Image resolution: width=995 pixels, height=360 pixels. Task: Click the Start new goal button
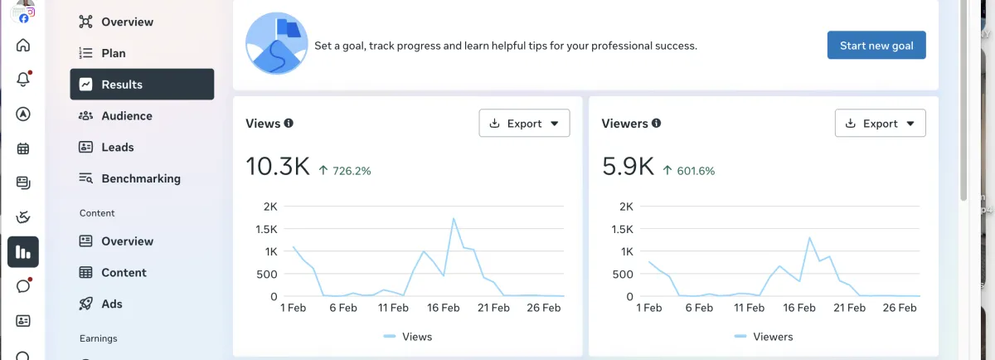876,46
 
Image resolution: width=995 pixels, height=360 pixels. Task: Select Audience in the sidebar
126,116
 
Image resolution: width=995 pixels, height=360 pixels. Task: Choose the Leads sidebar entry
117,147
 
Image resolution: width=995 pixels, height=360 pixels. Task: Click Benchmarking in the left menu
140,178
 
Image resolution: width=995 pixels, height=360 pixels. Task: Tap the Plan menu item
113,53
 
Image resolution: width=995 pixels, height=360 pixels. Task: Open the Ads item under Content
111,304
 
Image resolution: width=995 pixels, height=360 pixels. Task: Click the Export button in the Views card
524,124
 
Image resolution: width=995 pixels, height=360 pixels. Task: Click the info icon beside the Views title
289,123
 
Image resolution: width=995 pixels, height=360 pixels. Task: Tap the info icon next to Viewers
656,123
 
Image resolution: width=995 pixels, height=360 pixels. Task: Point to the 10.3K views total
277,167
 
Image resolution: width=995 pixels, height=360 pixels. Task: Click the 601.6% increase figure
695,171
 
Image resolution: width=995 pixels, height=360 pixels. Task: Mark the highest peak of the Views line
454,219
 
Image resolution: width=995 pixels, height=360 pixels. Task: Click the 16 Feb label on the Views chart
444,308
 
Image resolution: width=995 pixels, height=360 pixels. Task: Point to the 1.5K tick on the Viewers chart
621,229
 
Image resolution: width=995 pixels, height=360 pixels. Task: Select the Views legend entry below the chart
408,337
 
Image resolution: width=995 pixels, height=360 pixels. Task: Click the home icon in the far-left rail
23,46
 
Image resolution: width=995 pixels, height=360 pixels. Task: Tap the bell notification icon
23,80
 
